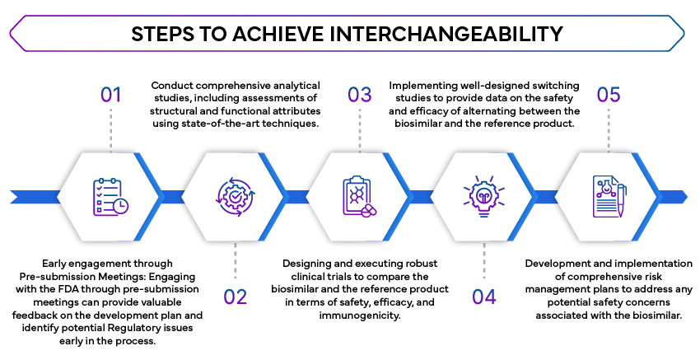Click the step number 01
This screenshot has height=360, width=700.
coord(110,95)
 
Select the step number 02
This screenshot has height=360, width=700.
coord(236,297)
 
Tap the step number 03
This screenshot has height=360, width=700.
coord(359,95)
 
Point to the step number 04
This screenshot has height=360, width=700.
coord(484,297)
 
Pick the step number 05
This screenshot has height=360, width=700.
coord(608,95)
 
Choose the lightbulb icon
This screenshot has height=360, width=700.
coord(483,196)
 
